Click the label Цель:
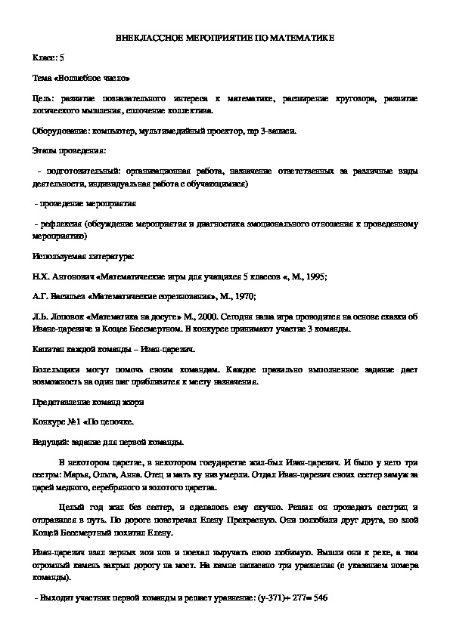(44, 98)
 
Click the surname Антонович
(73, 276)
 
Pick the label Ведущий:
(54, 442)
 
